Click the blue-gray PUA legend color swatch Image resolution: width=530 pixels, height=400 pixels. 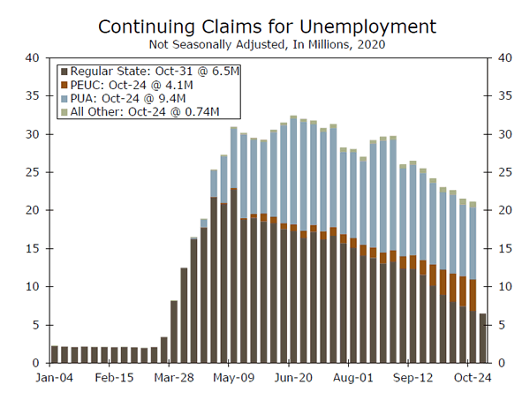(64, 98)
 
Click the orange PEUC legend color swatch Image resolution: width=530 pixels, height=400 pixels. (64, 85)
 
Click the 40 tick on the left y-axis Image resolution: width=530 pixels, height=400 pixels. (33, 58)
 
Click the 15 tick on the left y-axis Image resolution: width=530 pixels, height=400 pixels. (33, 249)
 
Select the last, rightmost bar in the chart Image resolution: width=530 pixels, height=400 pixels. (482, 338)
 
